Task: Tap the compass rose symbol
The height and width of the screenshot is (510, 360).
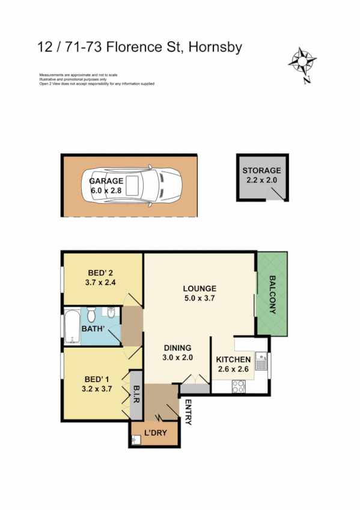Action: coord(303,62)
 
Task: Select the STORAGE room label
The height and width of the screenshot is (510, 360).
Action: coord(261,170)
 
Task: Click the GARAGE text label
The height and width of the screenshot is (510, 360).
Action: coord(106,180)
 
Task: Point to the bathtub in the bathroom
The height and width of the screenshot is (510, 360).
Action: coord(72,327)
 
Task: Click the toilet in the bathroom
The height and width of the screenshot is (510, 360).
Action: coord(91,315)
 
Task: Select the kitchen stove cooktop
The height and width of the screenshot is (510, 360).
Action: coord(240,387)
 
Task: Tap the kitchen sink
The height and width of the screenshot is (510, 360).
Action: coord(261,363)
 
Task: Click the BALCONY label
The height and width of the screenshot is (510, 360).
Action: coord(272,295)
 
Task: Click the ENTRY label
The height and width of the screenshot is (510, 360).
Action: coord(188,412)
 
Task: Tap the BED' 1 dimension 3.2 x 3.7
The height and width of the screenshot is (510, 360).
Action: coord(97,389)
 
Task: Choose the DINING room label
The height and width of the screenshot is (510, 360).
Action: coord(177,348)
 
